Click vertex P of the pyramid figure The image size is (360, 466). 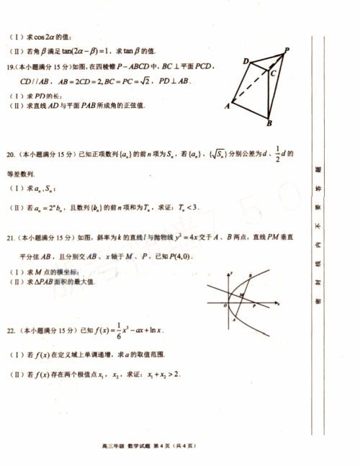[x=287, y=50]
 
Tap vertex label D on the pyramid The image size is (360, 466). [x=246, y=61]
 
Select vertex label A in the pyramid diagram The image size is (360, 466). [x=228, y=105]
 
